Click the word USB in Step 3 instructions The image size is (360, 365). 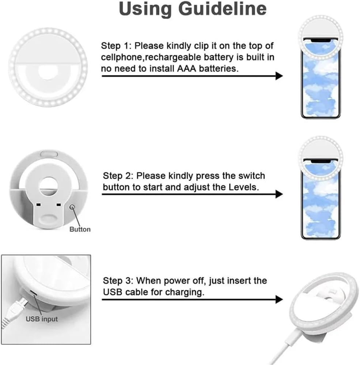click(111, 292)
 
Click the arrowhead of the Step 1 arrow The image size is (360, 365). click(279, 76)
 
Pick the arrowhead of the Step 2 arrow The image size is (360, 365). click(279, 194)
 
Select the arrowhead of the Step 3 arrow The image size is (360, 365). click(279, 299)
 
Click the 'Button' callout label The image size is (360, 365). click(80, 229)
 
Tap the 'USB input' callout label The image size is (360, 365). click(42, 319)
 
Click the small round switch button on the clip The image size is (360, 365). click(72, 207)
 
